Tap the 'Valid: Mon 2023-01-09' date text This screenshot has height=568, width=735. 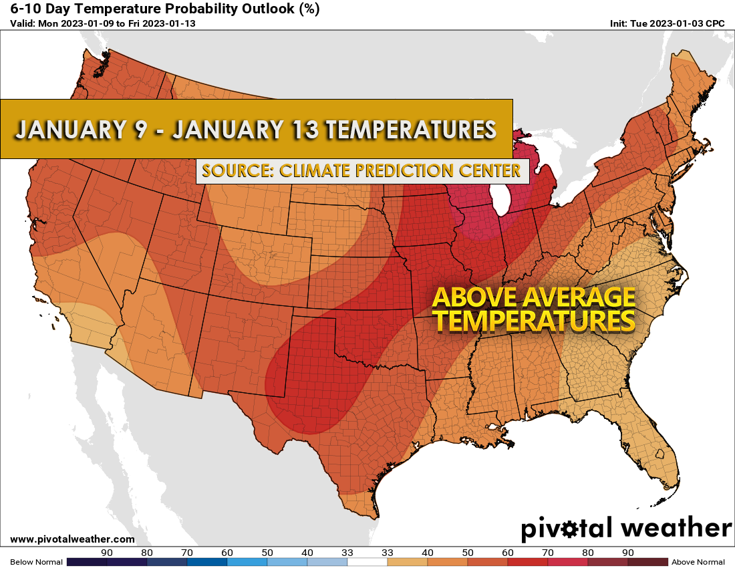tap(62, 24)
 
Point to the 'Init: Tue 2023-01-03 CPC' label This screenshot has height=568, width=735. tap(667, 24)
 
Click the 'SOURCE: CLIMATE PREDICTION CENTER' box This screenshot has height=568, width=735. tap(361, 171)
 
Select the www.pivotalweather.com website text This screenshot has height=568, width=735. tap(72, 539)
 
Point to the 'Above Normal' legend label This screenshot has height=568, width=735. tap(698, 562)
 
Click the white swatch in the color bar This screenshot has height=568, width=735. tap(367, 562)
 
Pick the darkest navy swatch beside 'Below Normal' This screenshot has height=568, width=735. tap(87, 562)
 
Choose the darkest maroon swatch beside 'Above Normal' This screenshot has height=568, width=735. tap(647, 562)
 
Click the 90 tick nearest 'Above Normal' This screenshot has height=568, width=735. tap(628, 553)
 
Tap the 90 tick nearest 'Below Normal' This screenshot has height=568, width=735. tap(106, 553)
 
